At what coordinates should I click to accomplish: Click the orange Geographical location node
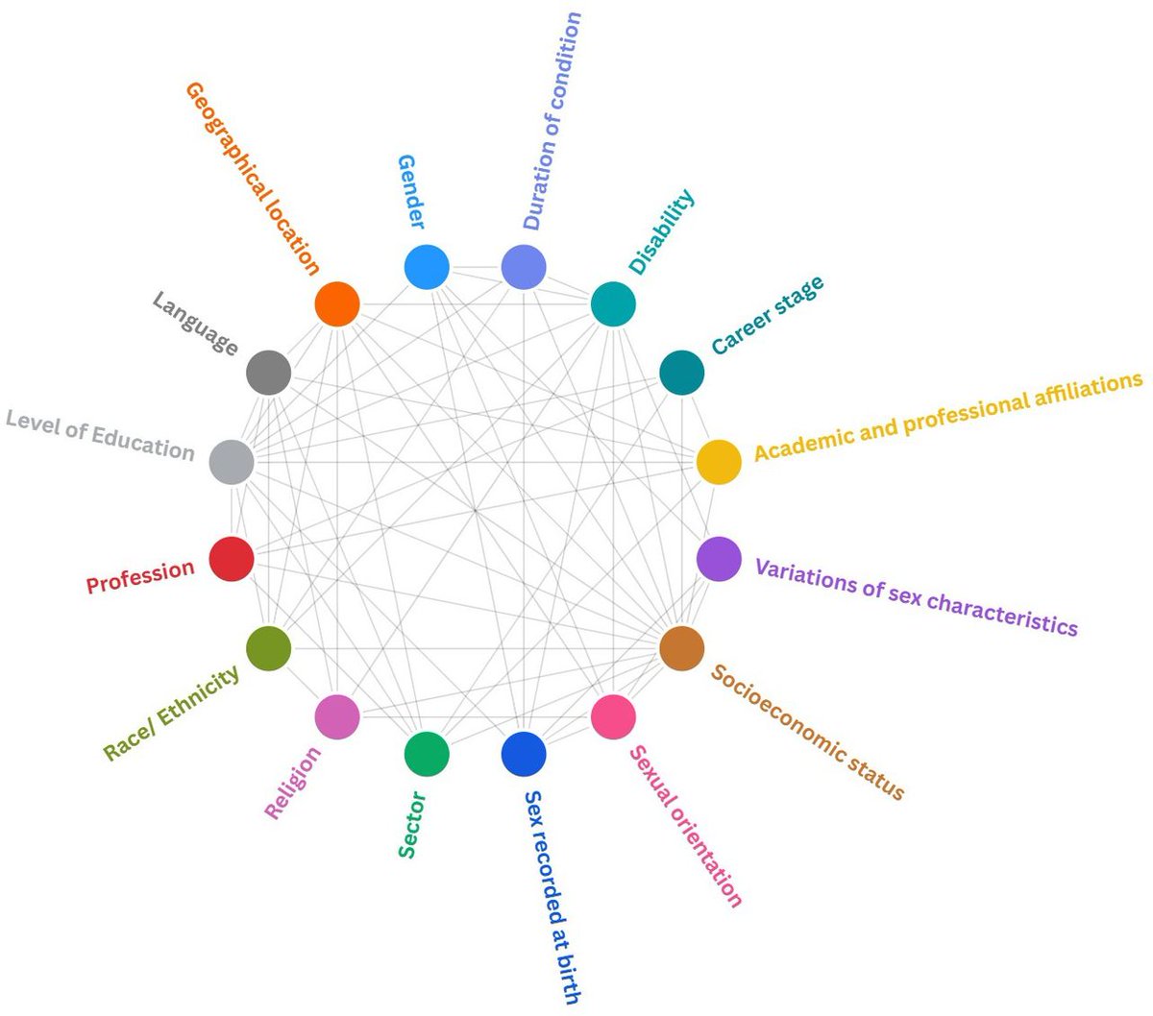[x=337, y=304]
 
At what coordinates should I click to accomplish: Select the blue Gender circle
[x=427, y=267]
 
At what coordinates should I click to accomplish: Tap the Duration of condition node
[x=524, y=267]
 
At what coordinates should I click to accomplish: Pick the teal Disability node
[x=613, y=304]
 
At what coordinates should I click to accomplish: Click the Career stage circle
[x=682, y=373]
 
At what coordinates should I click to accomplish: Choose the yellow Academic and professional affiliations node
[x=719, y=461]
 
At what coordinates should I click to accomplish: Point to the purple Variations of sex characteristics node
[x=719, y=559]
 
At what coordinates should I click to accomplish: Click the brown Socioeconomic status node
[x=682, y=648]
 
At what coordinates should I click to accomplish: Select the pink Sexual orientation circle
[x=613, y=716]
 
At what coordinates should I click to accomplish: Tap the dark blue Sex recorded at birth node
[x=524, y=754]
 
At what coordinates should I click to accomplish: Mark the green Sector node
[x=427, y=754]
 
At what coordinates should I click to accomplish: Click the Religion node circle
[x=337, y=716]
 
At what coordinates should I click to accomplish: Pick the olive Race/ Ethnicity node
[x=269, y=648]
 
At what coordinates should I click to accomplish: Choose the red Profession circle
[x=232, y=559]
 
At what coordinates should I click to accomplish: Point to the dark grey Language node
[x=269, y=373]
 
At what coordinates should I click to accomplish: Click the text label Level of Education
[x=100, y=435]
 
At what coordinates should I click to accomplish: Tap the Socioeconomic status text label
[x=808, y=732]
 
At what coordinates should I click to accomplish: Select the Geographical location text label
[x=251, y=179]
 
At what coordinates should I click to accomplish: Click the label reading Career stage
[x=767, y=314]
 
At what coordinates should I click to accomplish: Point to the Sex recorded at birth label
[x=552, y=897]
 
